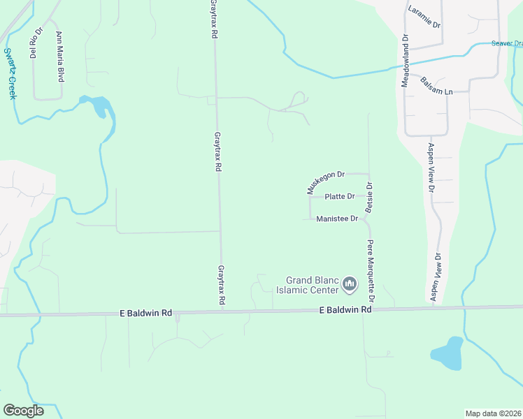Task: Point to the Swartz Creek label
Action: [x=10, y=73]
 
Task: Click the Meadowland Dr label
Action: [x=404, y=61]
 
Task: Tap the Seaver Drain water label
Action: [x=506, y=43]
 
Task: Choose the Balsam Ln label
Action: [x=437, y=86]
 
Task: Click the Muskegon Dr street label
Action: [x=326, y=182]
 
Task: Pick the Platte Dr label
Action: [x=340, y=197]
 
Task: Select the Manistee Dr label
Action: [x=337, y=219]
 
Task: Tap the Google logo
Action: [x=23, y=411]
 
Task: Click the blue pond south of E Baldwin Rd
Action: [x=447, y=353]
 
